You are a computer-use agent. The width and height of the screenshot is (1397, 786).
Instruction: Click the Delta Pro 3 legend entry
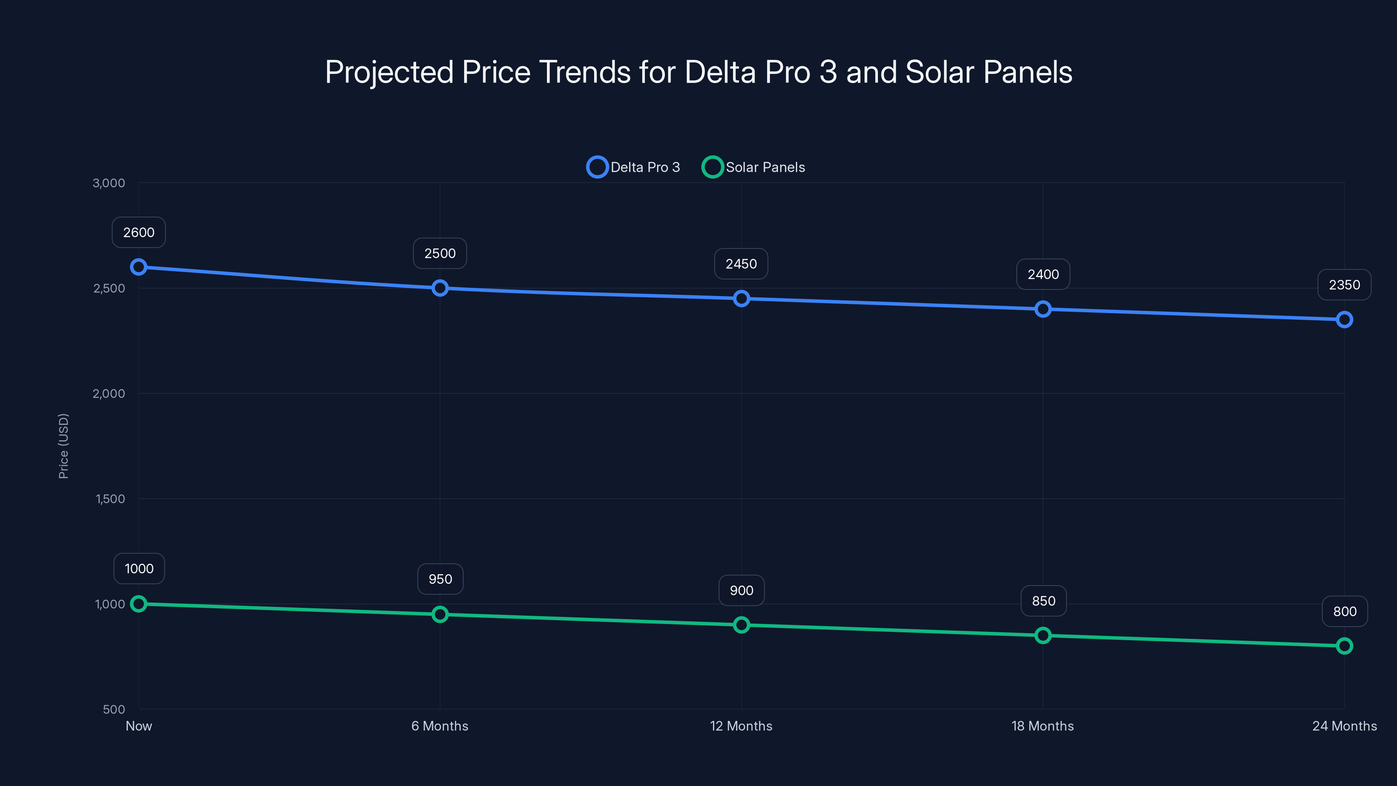(633, 167)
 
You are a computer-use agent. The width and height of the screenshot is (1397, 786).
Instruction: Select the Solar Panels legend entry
(754, 167)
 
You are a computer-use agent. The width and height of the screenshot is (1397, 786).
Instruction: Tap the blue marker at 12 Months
(741, 298)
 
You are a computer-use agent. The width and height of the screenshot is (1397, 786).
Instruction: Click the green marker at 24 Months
(1344, 645)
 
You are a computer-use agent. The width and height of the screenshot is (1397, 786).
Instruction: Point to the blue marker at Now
(139, 267)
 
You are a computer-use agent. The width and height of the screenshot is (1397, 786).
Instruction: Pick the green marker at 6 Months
(440, 614)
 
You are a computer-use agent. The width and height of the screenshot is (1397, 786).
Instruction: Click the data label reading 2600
(139, 232)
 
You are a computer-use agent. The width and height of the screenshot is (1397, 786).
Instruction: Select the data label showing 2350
(1344, 285)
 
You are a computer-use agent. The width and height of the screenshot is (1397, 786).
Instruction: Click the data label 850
(1043, 601)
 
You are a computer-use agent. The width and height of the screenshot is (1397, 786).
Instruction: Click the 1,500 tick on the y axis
(110, 499)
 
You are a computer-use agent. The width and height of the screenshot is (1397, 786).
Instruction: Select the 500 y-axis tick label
(114, 709)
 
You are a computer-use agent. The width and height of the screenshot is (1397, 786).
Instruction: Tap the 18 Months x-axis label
(1043, 726)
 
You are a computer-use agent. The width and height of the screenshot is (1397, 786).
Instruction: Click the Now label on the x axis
(139, 726)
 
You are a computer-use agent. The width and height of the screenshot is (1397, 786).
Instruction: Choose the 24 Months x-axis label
(1344, 726)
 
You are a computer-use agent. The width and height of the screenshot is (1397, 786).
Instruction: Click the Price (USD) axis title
(63, 446)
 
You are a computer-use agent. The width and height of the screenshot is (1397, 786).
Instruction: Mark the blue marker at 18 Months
(1043, 309)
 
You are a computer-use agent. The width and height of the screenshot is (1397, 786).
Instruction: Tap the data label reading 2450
(741, 264)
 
